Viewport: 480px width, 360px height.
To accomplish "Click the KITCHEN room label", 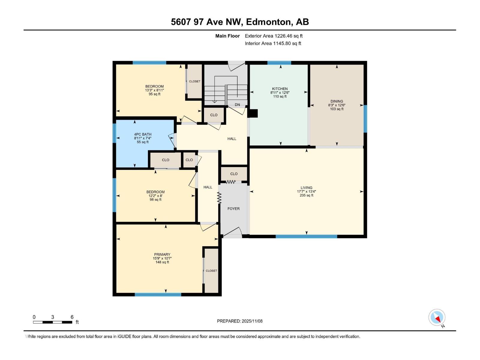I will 280,89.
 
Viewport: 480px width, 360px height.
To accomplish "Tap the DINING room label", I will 337,101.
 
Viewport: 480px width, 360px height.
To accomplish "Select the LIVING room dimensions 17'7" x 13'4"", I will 306,191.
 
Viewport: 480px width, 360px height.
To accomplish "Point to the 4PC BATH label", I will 142,134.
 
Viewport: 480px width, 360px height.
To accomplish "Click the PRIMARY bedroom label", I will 162,254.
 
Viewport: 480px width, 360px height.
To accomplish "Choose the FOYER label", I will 233,208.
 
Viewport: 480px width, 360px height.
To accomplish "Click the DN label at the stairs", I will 237,105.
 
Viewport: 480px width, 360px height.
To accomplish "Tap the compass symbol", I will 437,317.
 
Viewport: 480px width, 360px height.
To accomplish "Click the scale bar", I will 52,322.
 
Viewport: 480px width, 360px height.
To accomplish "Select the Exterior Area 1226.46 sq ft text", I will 274,36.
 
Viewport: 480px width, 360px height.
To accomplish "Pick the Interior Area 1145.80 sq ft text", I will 273,43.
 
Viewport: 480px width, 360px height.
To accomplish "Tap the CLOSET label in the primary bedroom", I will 211,271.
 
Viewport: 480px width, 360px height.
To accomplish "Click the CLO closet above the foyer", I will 234,174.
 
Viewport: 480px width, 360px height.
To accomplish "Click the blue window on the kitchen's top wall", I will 279,63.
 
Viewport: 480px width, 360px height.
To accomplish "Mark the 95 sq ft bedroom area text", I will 154,94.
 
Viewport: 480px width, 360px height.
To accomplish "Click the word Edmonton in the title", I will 268,22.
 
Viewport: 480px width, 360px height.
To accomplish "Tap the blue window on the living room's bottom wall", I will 306,236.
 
